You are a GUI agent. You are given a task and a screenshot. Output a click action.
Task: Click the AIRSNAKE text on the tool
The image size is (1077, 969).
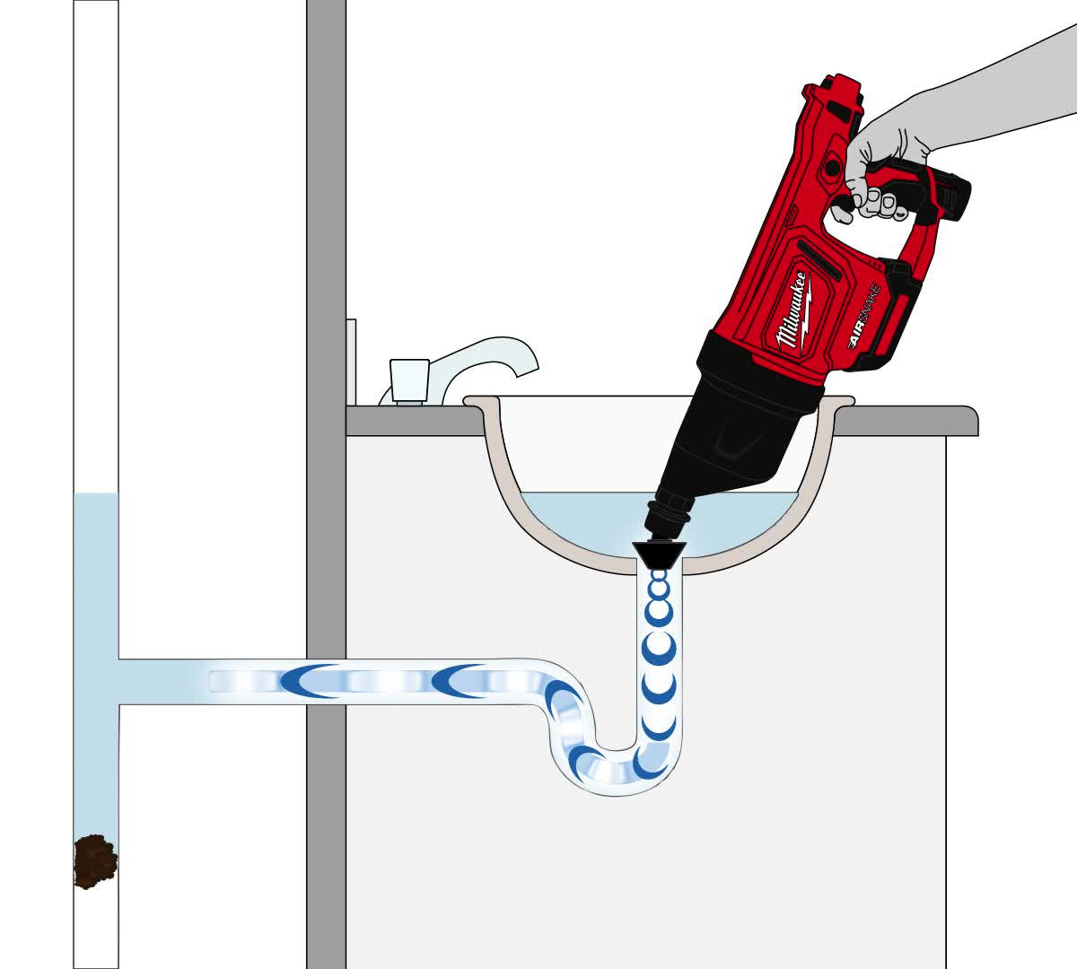[865, 316]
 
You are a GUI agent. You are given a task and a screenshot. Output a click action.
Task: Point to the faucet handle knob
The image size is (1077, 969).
[409, 380]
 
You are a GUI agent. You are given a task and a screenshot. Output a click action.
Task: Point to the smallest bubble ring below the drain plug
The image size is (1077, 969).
[659, 575]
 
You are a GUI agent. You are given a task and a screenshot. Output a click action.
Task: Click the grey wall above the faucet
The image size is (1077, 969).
[326, 161]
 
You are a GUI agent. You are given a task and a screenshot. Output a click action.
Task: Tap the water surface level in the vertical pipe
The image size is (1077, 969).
[95, 493]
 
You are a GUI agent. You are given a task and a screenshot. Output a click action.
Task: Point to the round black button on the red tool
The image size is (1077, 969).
[833, 168]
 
